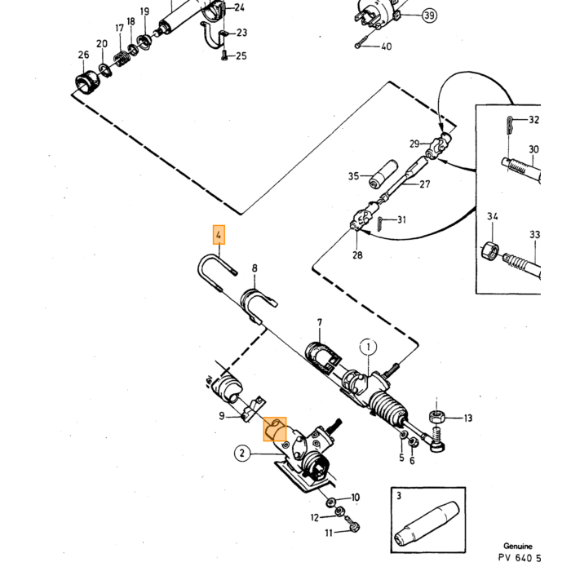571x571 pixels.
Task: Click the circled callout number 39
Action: [429, 15]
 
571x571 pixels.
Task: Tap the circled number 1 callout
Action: [369, 347]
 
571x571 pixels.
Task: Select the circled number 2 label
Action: [242, 454]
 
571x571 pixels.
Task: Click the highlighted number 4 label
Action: [219, 235]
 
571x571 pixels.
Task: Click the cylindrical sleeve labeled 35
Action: [383, 174]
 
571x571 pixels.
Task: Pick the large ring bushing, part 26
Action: [88, 82]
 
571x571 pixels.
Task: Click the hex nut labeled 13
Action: [436, 417]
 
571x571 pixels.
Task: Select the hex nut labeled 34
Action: [490, 250]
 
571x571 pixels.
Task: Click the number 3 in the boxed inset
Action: [399, 496]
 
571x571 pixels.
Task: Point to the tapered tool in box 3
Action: [427, 524]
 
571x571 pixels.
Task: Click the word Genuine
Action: [518, 546]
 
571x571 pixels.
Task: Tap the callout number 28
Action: [357, 255]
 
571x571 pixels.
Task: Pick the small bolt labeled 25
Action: [224, 55]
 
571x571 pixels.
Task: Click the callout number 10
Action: [356, 497]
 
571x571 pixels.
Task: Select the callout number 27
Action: [425, 184]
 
